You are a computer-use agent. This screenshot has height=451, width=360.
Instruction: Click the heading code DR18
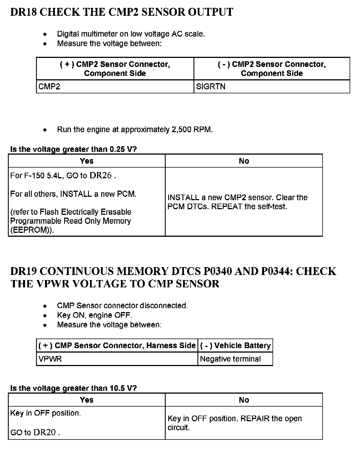click(x=24, y=12)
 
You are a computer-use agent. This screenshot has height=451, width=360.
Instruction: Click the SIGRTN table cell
click(x=211, y=87)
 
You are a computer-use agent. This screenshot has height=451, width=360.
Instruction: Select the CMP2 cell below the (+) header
click(x=49, y=87)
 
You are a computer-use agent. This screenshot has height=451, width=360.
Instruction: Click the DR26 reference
click(x=100, y=175)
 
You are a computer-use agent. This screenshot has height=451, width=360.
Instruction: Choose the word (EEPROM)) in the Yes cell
click(x=32, y=230)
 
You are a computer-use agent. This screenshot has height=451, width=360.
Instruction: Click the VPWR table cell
click(x=50, y=359)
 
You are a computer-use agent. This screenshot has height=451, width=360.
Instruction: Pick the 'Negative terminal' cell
click(x=230, y=359)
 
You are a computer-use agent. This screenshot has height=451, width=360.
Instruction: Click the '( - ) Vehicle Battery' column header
click(x=235, y=346)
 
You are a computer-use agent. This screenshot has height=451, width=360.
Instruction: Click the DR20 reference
click(x=44, y=432)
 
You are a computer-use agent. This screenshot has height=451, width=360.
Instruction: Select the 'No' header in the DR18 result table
click(x=244, y=161)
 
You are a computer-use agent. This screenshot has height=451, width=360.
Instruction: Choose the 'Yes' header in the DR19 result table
click(x=87, y=400)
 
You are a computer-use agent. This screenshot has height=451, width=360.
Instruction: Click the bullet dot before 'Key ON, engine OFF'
click(x=45, y=315)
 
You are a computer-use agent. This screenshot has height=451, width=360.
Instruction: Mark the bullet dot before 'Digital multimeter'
click(x=45, y=34)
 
